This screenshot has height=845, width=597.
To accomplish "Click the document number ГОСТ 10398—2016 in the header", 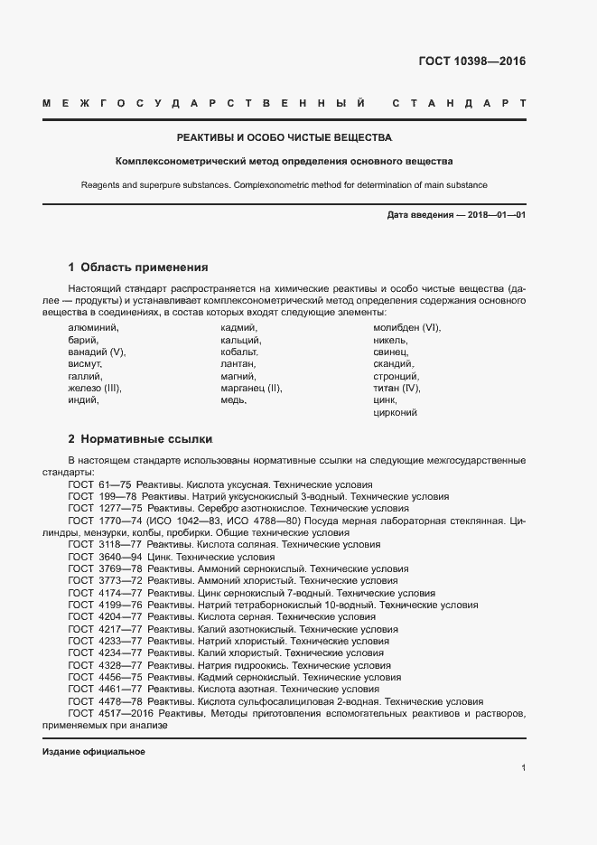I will pyautogui.click(x=472, y=62).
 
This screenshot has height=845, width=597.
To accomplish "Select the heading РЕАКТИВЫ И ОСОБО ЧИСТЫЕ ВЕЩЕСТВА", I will pyautogui.click(x=284, y=138).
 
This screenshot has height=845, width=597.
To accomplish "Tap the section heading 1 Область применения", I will pyautogui.click(x=138, y=268).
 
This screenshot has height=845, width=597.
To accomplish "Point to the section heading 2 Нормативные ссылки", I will pyautogui.click(x=140, y=439).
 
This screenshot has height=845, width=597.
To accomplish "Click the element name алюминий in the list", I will pyautogui.click(x=93, y=327).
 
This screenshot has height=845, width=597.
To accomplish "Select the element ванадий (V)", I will pyautogui.click(x=97, y=352).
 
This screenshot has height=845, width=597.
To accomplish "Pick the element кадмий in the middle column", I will pyautogui.click(x=239, y=327).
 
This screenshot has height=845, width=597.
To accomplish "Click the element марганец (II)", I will pyautogui.click(x=251, y=388).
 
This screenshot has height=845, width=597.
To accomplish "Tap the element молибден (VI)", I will pyautogui.click(x=406, y=327).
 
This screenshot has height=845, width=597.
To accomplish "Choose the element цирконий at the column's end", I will pyautogui.click(x=395, y=412).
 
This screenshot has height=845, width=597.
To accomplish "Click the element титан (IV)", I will pyautogui.click(x=397, y=388).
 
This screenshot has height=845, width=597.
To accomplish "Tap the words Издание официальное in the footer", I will pyautogui.click(x=94, y=752).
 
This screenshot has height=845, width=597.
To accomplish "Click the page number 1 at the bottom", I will pyautogui.click(x=523, y=768).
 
